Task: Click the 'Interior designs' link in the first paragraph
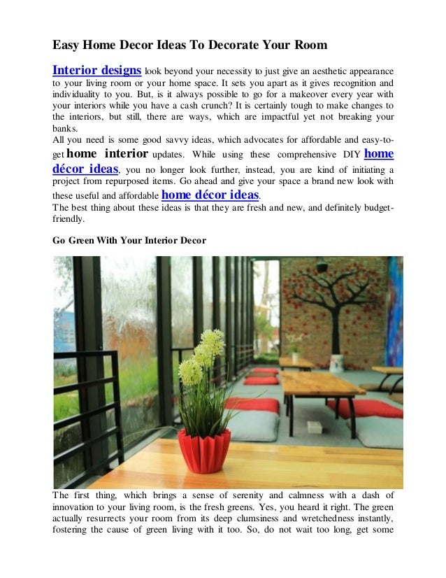(97, 71)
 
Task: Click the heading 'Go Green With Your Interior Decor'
(129, 240)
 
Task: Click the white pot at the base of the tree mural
(336, 362)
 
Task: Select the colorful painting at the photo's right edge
(396, 302)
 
